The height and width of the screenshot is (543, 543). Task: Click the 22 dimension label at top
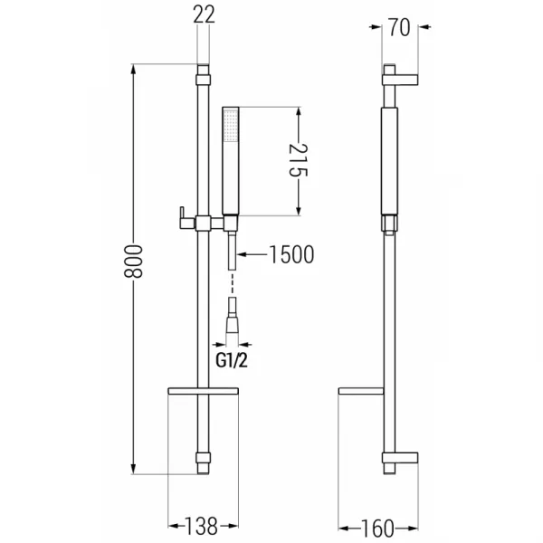(x=204, y=14)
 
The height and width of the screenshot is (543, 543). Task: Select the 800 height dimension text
(x=133, y=262)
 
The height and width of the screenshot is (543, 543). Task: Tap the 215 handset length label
(x=298, y=160)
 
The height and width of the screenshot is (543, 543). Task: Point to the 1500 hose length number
(x=291, y=254)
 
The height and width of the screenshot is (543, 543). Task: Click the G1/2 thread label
(x=232, y=361)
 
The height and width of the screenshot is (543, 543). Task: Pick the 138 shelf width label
(x=201, y=526)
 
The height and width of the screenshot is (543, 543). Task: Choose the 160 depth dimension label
(x=377, y=529)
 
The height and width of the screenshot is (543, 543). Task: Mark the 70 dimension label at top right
(x=399, y=27)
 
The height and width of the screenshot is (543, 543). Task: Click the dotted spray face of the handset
(x=230, y=125)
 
